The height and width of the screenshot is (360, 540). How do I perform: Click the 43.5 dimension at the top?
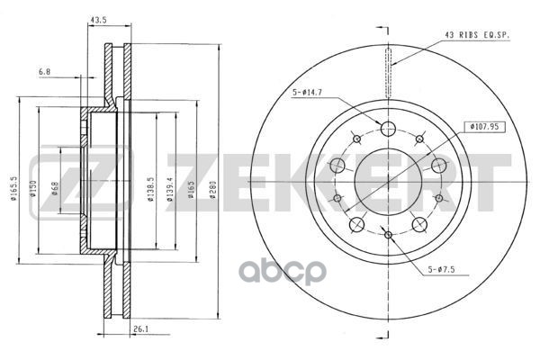click(98, 20)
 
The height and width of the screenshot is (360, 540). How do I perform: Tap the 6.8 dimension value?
click(44, 72)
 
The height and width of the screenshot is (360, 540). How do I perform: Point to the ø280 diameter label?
click(212, 190)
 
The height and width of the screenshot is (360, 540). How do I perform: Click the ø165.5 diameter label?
click(13, 188)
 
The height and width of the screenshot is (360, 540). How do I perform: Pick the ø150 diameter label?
click(33, 188)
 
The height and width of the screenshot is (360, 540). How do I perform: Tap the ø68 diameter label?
click(55, 188)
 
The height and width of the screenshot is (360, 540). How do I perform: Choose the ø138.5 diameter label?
click(150, 189)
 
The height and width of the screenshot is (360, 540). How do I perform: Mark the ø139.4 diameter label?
click(170, 189)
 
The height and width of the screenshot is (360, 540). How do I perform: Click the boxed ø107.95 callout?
click(485, 127)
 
